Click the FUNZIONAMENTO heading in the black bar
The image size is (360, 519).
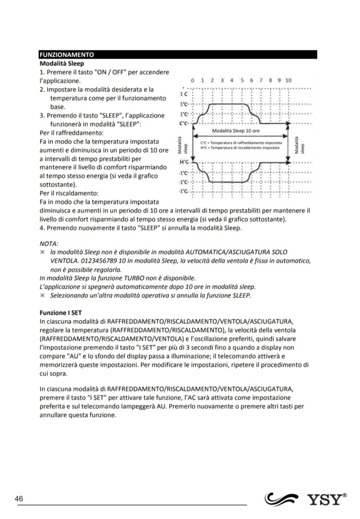click(x=67, y=55)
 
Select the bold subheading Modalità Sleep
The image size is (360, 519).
click(x=62, y=63)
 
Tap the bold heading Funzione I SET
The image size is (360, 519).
click(x=61, y=313)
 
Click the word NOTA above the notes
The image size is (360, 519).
click(x=49, y=244)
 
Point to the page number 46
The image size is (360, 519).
click(x=19, y=499)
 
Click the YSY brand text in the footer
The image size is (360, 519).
click(x=328, y=499)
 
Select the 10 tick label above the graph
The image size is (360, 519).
click(x=288, y=80)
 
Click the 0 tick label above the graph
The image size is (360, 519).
click(x=193, y=80)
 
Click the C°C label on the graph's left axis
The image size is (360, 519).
click(x=183, y=123)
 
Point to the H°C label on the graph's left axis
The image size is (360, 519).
click(x=184, y=162)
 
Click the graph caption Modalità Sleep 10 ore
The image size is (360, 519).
click(x=236, y=131)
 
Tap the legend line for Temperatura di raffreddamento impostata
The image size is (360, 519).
click(x=241, y=143)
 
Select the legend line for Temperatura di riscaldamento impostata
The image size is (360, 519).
click(x=240, y=148)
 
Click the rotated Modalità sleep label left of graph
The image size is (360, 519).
click(x=182, y=145)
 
